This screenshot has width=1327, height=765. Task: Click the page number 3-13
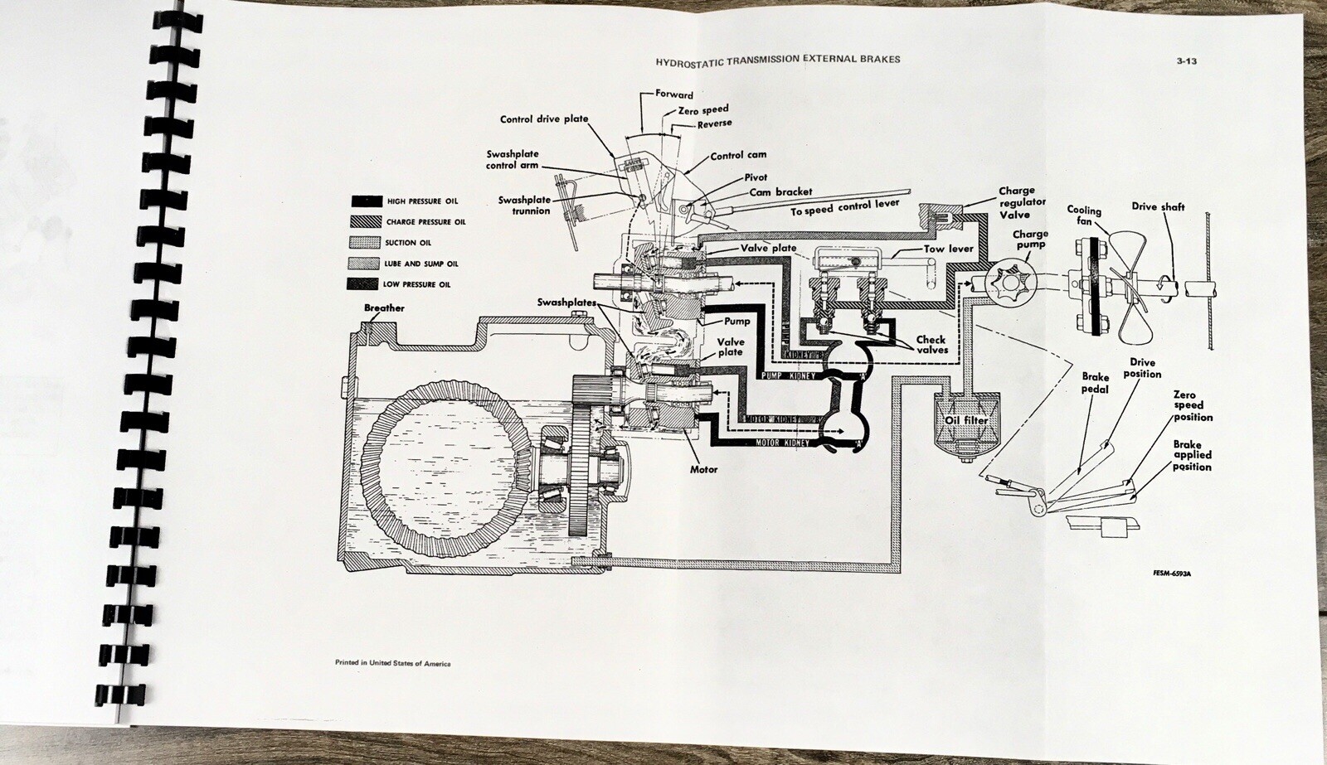(x=1187, y=61)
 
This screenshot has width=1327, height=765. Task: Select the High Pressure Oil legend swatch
(x=365, y=201)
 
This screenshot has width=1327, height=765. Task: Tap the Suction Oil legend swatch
(x=365, y=243)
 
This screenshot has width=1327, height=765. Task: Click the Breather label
(x=385, y=308)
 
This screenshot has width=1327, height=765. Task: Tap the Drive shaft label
(x=1158, y=207)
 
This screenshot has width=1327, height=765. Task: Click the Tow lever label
(x=949, y=249)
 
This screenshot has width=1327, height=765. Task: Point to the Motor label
(x=704, y=470)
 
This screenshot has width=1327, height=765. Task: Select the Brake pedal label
(x=1095, y=383)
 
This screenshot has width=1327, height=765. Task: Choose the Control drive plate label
(x=543, y=119)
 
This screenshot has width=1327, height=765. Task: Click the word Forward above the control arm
(x=673, y=94)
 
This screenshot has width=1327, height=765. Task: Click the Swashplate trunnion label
(x=524, y=206)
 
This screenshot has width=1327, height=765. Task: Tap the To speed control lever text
(x=843, y=207)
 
